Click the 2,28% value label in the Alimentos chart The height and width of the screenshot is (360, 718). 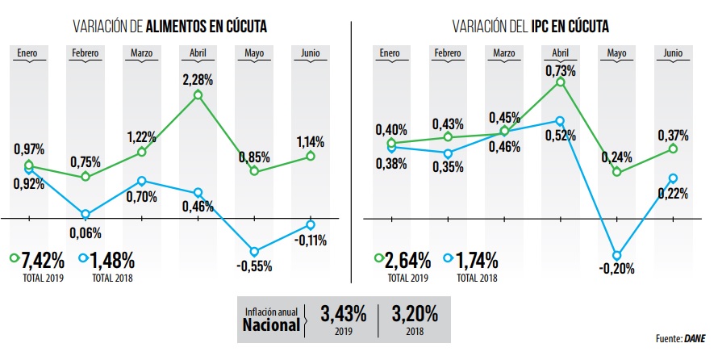[198, 80]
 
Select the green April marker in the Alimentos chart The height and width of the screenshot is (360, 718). [198, 96]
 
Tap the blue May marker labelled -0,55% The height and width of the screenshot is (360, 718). [254, 252]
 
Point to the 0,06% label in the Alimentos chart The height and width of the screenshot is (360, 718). [86, 233]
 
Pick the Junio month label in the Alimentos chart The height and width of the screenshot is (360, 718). [311, 53]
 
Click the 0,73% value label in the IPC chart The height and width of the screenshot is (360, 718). [561, 71]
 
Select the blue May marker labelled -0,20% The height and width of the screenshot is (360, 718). [617, 255]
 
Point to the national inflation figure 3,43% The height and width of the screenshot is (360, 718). [343, 312]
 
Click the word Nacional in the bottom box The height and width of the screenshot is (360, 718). [271, 325]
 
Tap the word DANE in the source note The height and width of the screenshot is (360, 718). [695, 339]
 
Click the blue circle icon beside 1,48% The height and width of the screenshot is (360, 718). [84, 259]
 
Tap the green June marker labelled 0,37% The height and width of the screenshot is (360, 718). [672, 149]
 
